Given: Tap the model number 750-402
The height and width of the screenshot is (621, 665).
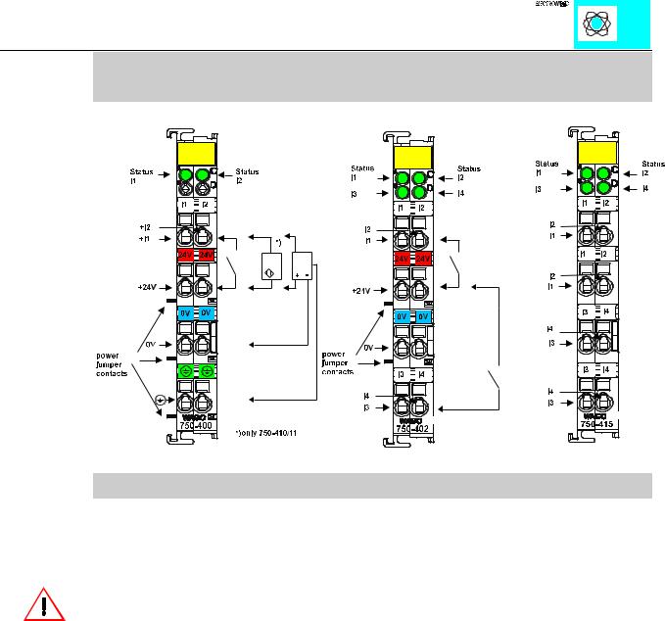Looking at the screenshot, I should [x=411, y=427].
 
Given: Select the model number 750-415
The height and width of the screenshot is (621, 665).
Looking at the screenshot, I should [x=595, y=423].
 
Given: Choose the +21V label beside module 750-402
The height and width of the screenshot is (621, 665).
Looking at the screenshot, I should [x=364, y=290].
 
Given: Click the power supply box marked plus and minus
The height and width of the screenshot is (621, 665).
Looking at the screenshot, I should [x=307, y=264].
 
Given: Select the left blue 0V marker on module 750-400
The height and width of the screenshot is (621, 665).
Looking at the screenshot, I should [x=186, y=312].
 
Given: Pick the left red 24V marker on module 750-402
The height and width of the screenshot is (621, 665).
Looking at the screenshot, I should [x=402, y=258].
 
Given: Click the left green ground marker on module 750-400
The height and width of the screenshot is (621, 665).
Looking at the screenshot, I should [x=186, y=372].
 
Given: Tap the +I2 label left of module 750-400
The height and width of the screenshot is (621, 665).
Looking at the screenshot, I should [x=144, y=226].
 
